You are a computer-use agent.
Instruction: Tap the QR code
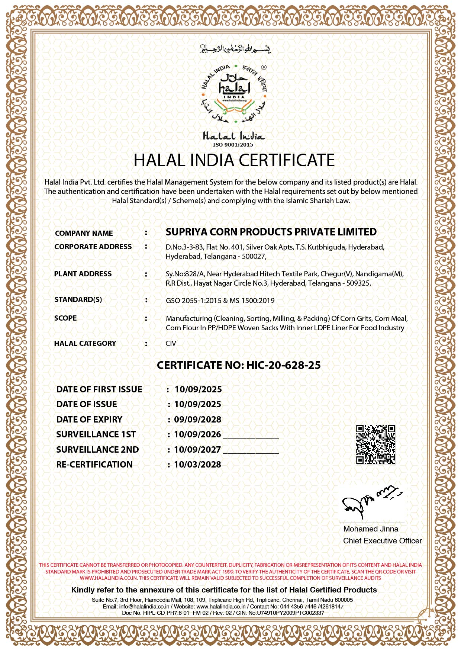tap(375, 444)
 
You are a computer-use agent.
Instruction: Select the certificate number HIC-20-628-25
tap(283, 365)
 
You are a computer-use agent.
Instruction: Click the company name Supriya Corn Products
tap(271, 232)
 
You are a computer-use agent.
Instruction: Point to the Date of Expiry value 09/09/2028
tap(198, 420)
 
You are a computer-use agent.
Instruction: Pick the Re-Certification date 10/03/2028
tap(198, 465)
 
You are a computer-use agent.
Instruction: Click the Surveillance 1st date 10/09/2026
tap(198, 434)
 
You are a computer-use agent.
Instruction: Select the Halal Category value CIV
tap(171, 343)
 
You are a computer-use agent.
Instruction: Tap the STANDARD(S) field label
tap(78, 300)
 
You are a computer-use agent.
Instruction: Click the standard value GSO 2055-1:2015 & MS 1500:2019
tap(220, 301)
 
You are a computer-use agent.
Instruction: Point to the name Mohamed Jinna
tap(371, 529)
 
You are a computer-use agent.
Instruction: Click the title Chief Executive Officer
tap(382, 541)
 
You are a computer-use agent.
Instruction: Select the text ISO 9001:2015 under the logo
tap(233, 145)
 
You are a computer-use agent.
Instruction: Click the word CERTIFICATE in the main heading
tap(287, 160)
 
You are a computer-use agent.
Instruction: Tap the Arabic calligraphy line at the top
tap(235, 49)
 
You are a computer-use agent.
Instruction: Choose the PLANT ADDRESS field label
tap(83, 274)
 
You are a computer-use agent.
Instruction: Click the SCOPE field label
tap(65, 318)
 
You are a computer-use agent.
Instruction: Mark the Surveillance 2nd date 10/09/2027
tap(198, 450)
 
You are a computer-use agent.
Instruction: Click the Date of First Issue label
tap(99, 389)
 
